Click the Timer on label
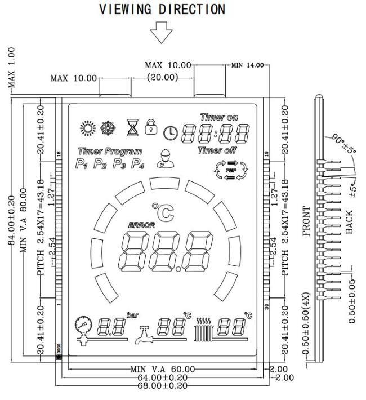click(x=219, y=117)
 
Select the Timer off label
click(x=217, y=150)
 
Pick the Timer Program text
click(x=110, y=151)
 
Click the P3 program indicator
click(x=119, y=165)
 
